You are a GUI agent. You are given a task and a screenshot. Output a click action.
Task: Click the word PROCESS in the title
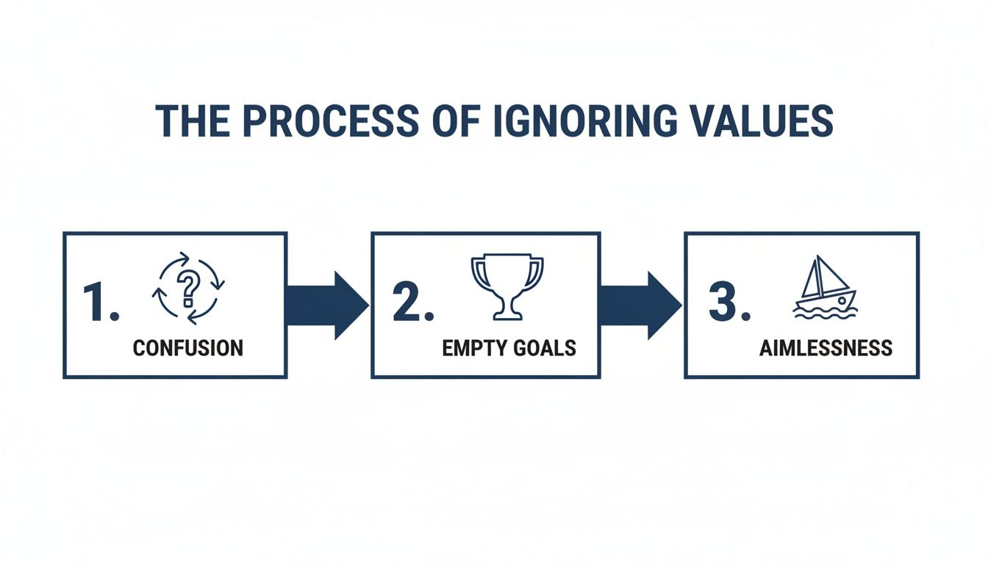click(x=327, y=121)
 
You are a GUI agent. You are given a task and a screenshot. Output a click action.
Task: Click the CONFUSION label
click(x=187, y=348)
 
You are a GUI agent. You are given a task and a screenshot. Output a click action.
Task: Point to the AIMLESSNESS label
click(x=826, y=348)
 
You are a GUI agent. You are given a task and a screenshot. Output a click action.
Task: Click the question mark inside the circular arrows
click(x=188, y=289)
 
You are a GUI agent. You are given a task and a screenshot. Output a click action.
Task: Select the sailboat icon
click(x=825, y=288)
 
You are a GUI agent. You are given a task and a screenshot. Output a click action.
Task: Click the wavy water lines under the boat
click(x=825, y=311)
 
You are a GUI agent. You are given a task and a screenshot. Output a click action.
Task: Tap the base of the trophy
click(x=506, y=316)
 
